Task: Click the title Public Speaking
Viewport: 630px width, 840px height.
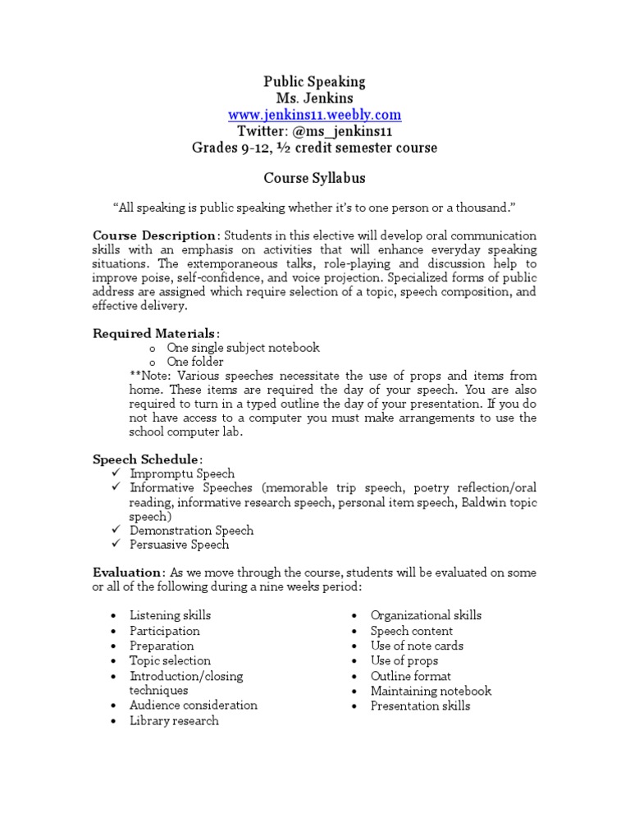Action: coord(314,82)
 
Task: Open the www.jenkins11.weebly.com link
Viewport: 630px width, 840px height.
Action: coord(314,115)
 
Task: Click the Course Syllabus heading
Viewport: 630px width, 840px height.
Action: coord(314,178)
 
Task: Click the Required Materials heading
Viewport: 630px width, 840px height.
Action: coord(154,333)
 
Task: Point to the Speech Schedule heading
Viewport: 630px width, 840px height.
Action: coord(145,459)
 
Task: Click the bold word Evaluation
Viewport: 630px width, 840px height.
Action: coord(127,573)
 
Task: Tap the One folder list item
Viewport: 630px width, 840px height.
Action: coord(195,363)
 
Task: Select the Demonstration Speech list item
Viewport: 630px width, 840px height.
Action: coord(191,531)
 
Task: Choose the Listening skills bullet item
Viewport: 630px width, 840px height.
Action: coord(170,615)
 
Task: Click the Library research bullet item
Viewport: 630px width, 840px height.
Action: coord(174,721)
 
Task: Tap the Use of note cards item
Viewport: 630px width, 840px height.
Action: coord(417,646)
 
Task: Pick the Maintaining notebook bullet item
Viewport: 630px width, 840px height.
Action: coord(431,691)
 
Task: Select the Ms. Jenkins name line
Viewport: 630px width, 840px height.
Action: coord(314,98)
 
